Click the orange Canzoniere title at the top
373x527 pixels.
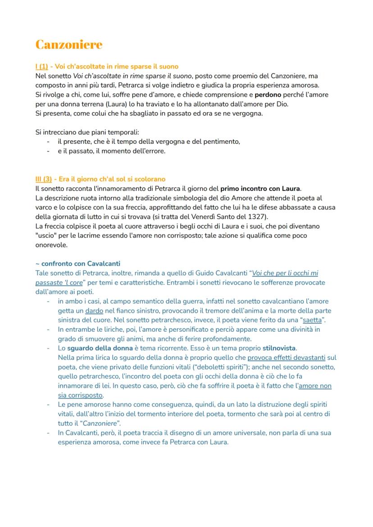(x=68, y=45)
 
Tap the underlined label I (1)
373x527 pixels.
(x=41, y=66)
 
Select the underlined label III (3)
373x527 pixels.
(x=43, y=179)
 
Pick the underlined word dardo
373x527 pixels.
(x=94, y=311)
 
